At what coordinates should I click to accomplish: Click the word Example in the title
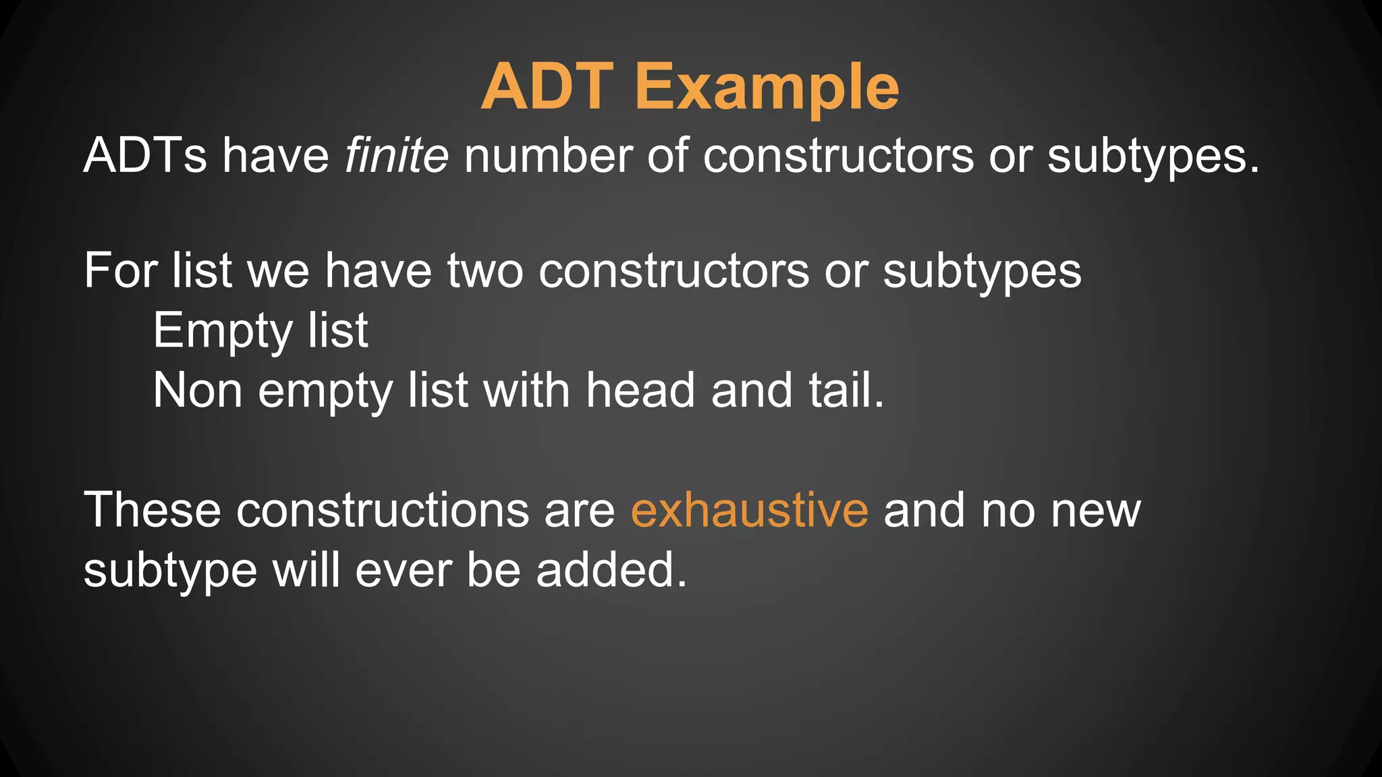(x=767, y=88)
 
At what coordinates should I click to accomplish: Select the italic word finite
(x=397, y=155)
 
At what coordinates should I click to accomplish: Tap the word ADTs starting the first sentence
(x=145, y=155)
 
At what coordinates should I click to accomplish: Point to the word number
(x=548, y=155)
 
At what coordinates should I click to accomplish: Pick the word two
(x=485, y=270)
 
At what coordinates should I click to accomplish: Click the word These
(x=152, y=510)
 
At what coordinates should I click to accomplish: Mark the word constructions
(x=383, y=510)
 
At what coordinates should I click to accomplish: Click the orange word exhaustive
(x=749, y=510)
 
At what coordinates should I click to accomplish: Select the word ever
(x=403, y=571)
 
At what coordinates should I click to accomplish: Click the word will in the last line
(x=306, y=570)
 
